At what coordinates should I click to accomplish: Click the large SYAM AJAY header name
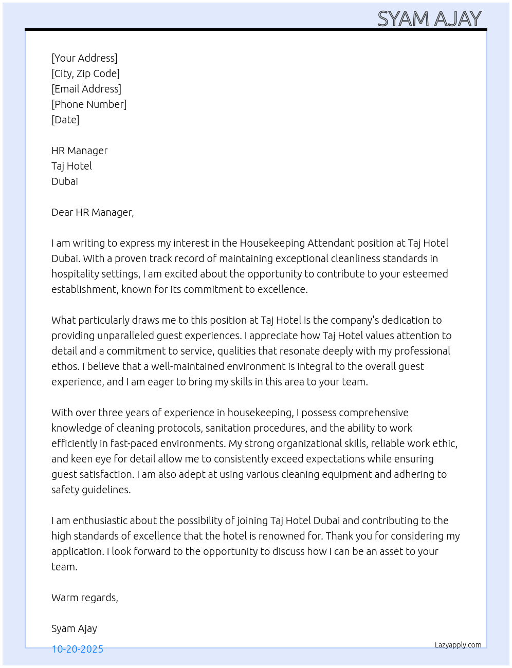pos(429,19)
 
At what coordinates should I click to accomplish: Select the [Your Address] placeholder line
pos(84,58)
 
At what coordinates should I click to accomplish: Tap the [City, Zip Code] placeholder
pos(85,73)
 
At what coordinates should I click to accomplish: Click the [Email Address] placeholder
pos(86,89)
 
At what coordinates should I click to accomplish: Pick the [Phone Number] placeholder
pos(89,104)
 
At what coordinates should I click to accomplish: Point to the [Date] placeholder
pos(65,120)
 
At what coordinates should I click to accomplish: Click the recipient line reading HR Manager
pos(80,151)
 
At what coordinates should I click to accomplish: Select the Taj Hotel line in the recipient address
pos(71,166)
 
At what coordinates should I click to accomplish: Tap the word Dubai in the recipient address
pos(65,181)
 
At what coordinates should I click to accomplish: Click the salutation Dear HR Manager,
pos(93,212)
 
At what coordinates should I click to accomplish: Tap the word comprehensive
pos(374,413)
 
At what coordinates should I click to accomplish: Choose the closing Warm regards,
pos(85,598)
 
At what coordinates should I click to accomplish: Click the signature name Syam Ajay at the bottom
pos(74,628)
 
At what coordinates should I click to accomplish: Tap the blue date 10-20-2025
pos(77,649)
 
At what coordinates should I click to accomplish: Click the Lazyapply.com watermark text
pos(458,645)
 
